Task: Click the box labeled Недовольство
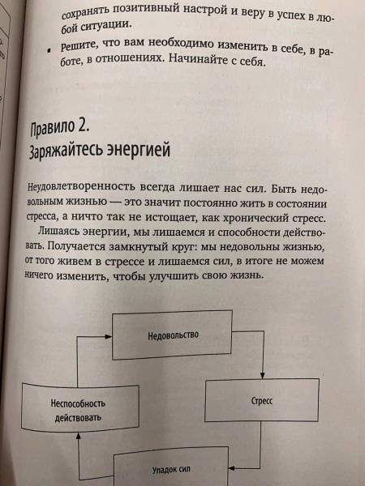point(172,335)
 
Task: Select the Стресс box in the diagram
point(262,400)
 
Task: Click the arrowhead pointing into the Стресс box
point(262,376)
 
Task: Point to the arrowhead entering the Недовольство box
point(109,337)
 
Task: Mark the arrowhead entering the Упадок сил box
point(231,468)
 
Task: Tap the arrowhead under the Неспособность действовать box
point(78,436)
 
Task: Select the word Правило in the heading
point(53,129)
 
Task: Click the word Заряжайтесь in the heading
point(66,151)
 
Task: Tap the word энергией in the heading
point(139,149)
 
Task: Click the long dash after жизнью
point(115,202)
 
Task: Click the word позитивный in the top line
point(145,11)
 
